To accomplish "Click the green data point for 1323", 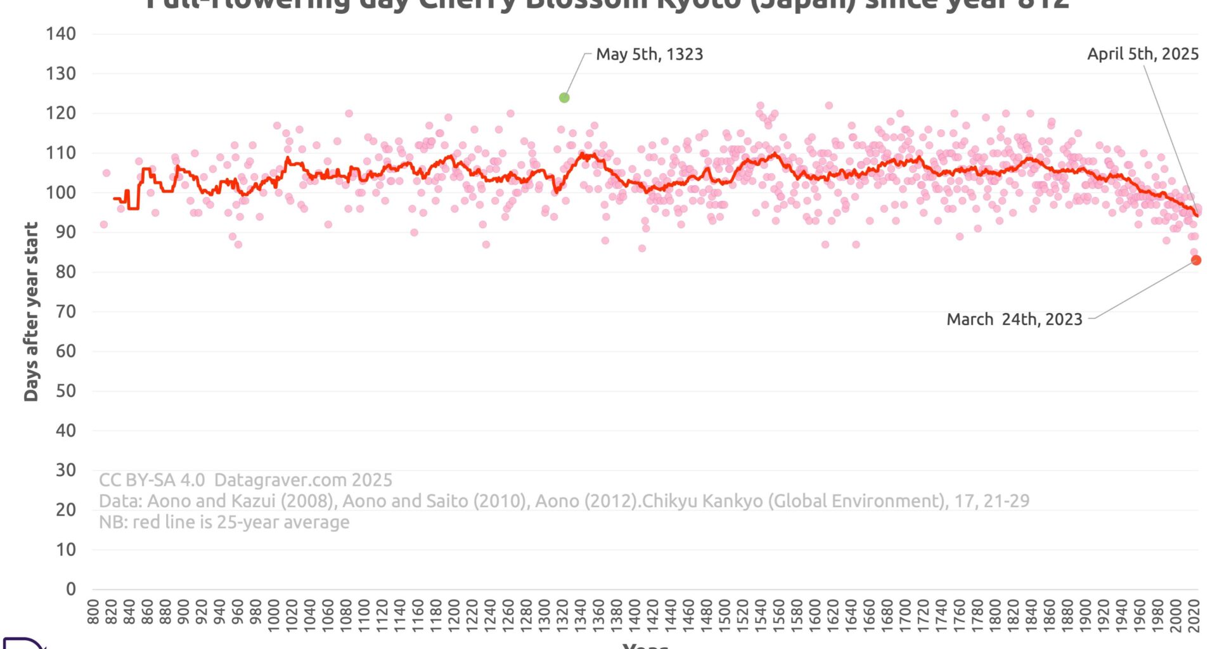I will pos(564,98).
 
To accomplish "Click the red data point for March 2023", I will pos(1196,260).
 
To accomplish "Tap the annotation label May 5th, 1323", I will pos(649,55).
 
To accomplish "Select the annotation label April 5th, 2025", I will pos(1142,54).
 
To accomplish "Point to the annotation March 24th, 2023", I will pos(1014,319).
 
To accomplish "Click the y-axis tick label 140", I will pos(61,34).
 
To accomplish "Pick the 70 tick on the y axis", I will pos(65,311).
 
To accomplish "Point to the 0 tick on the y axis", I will pos(71,589).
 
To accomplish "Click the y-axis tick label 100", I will pos(61,192).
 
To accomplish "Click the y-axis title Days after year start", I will pos(31,311).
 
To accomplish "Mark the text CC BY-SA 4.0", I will pos(151,480).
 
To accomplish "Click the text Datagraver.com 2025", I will pos(303,480).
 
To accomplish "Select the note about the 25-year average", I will pos(224,522).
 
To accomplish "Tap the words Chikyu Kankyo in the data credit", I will pos(702,501).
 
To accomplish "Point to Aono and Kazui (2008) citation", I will pos(241,501).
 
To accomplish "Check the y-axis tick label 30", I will pos(65,470).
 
